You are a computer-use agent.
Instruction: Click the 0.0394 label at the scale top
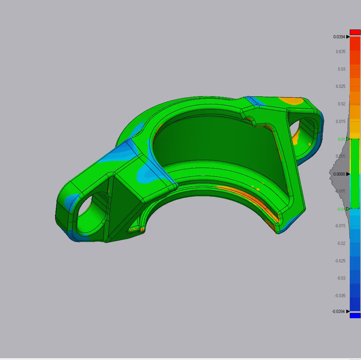tap(339, 37)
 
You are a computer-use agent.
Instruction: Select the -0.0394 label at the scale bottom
tap(338, 312)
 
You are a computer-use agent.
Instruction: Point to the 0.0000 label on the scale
tap(339, 174)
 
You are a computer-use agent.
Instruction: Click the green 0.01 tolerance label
tap(341, 139)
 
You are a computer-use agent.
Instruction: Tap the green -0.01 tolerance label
tap(341, 209)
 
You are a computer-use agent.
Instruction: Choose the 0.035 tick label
tap(341, 51)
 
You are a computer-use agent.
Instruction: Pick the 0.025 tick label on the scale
tap(341, 86)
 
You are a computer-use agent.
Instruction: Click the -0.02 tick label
tap(341, 243)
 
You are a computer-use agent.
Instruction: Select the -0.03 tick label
tap(341, 278)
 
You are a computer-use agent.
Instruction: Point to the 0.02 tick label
tap(342, 104)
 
